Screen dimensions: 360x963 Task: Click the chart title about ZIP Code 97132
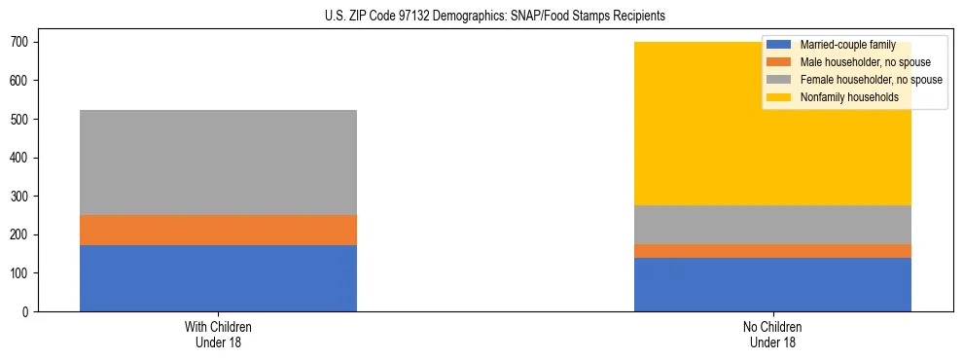click(495, 17)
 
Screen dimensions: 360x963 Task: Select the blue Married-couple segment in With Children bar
click(218, 278)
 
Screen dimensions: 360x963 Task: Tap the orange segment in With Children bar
click(218, 230)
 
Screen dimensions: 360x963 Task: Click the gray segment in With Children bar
click(218, 162)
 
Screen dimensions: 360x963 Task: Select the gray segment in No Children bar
click(772, 225)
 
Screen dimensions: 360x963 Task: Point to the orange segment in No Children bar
click(772, 251)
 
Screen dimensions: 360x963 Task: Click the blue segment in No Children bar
click(772, 284)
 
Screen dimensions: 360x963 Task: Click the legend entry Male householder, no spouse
click(865, 62)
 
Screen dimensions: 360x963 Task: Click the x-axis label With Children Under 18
click(218, 335)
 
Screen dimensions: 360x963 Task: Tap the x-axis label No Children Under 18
click(772, 335)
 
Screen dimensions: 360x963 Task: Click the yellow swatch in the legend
click(779, 97)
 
